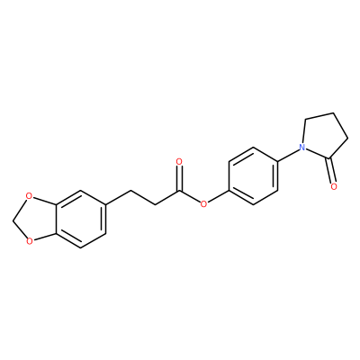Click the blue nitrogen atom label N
coord(302,148)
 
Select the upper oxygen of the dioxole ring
coord(29,197)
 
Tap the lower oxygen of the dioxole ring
coord(29,240)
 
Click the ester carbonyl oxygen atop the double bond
coord(179,162)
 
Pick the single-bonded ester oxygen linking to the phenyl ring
coord(204,204)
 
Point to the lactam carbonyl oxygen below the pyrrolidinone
coord(334,186)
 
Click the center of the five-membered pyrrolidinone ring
coord(325,138)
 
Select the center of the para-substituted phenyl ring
coord(253,176)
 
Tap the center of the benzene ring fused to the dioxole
coord(81,219)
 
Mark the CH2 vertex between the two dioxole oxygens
coord(13,219)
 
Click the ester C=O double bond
coord(179,178)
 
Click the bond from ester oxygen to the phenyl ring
coord(219,196)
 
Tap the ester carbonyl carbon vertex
coord(179,191)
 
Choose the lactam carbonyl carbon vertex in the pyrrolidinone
coord(329,158)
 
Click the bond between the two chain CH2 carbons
coord(143,197)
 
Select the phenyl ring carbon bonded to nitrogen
coord(278,162)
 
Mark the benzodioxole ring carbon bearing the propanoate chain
coord(105,204)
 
